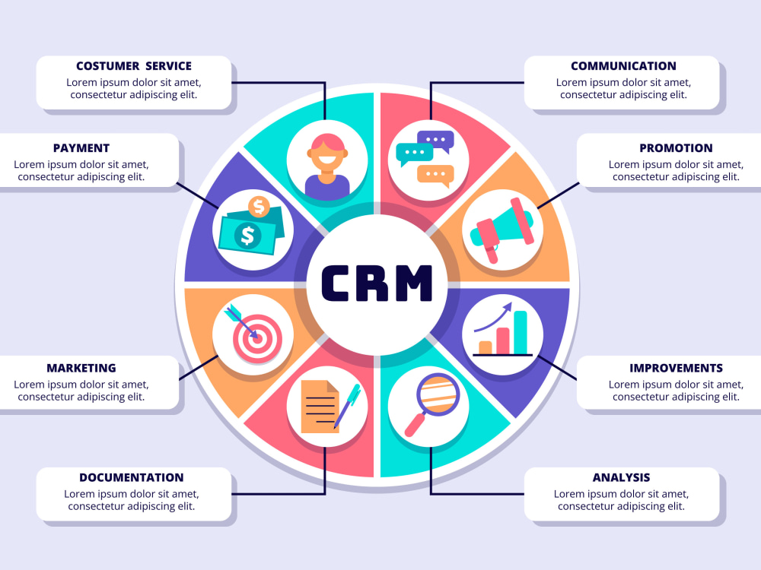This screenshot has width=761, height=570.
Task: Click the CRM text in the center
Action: coord(377,283)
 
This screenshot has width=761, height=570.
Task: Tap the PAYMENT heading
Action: coord(81,148)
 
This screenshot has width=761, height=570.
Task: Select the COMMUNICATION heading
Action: coord(624,66)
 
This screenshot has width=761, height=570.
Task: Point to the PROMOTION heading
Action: coord(676,148)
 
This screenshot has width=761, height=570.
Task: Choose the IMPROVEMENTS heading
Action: coord(676,369)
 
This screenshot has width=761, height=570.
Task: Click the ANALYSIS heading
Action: coord(621,478)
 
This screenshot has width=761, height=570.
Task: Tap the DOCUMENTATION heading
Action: coord(132,478)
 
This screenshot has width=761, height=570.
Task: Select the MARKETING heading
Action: coord(81,369)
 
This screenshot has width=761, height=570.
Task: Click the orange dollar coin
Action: coord(259,207)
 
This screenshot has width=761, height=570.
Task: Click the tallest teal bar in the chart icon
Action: coord(521,333)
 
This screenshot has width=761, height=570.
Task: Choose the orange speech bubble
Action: coord(435,176)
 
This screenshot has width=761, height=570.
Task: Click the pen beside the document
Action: coord(347,406)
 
